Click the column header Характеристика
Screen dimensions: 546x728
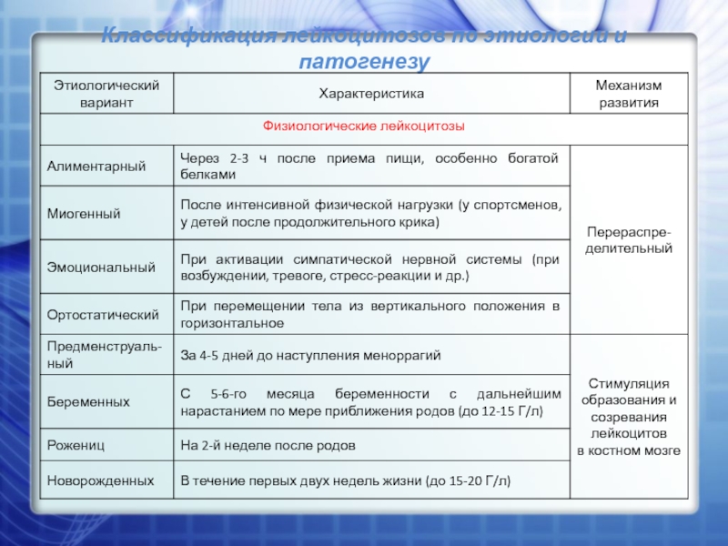pyautogui.click(x=371, y=94)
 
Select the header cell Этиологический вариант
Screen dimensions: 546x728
pyautogui.click(x=106, y=94)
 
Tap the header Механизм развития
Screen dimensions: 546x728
pyautogui.click(x=628, y=94)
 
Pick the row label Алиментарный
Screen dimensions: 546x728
pyautogui.click(x=97, y=167)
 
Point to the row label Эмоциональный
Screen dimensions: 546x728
pyautogui.click(x=101, y=268)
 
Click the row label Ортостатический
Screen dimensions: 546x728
pyautogui.click(x=103, y=315)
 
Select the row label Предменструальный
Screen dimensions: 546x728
pyautogui.click(x=105, y=355)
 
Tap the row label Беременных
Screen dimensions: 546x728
pyautogui.click(x=88, y=401)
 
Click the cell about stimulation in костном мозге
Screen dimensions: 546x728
pyautogui.click(x=628, y=417)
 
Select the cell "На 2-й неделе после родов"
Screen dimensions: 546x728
pyautogui.click(x=268, y=446)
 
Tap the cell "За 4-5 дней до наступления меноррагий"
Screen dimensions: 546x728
pyautogui.click(x=310, y=355)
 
